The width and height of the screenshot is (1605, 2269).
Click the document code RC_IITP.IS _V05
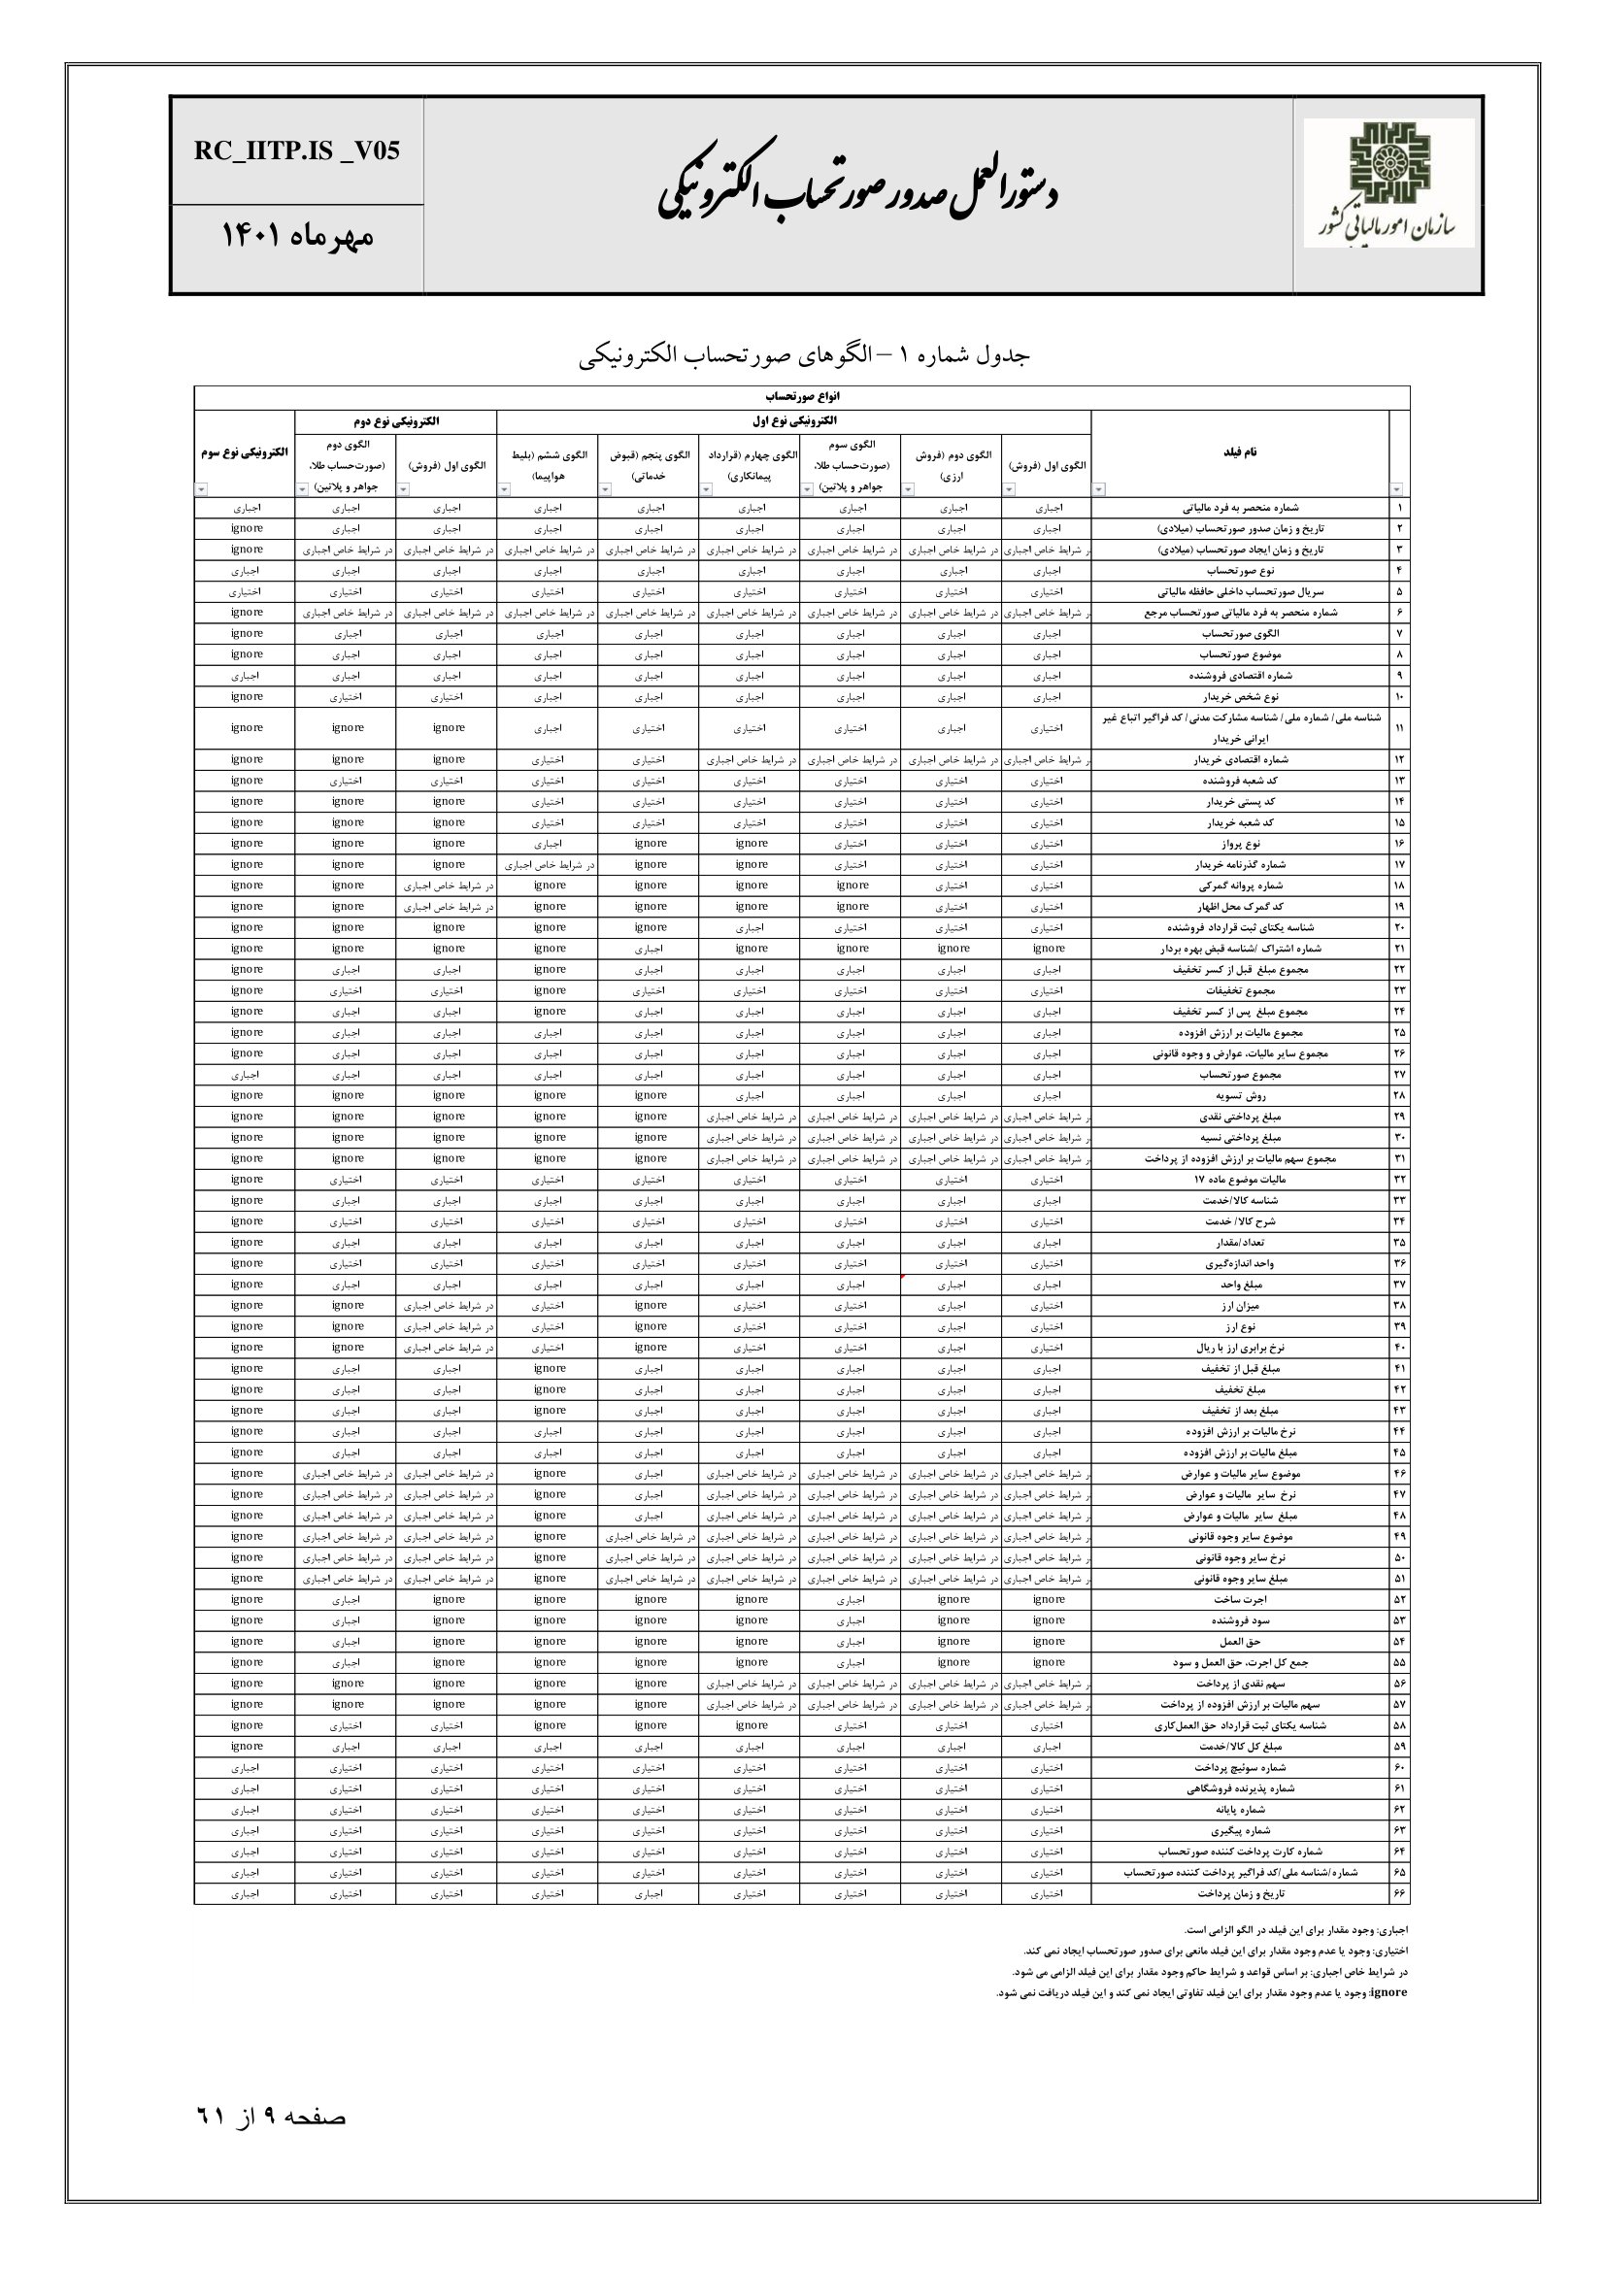(x=296, y=151)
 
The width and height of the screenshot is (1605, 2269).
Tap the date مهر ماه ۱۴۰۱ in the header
(x=296, y=237)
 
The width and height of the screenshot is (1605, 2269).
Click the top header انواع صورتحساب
(x=801, y=396)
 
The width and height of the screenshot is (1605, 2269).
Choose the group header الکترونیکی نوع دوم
(x=395, y=421)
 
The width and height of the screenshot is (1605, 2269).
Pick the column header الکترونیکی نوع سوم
(x=244, y=452)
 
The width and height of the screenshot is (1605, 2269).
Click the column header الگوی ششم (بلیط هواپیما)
(x=549, y=464)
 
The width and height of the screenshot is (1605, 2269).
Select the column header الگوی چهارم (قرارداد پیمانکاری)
(x=751, y=464)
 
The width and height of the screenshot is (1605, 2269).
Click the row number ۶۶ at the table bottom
(x=1398, y=1894)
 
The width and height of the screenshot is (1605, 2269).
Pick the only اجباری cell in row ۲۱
(x=649, y=949)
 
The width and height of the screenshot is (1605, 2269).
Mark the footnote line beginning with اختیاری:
(x=1216, y=1951)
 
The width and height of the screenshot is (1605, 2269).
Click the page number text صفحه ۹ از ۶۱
(x=271, y=2117)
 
